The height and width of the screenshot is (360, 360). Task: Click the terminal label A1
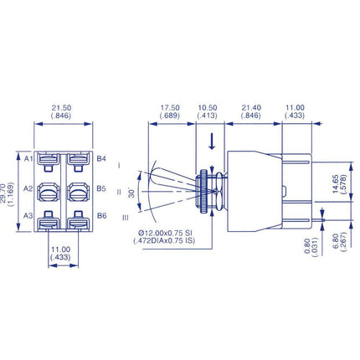click(x=28, y=158)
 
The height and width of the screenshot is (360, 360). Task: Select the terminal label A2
click(x=28, y=188)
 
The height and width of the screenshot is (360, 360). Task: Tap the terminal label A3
click(x=28, y=217)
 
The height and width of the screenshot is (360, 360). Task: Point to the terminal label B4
click(x=101, y=158)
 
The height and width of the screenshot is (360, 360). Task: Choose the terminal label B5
click(x=101, y=188)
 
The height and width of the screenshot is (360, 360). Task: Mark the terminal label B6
click(x=101, y=217)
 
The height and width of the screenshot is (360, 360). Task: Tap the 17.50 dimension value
click(x=171, y=108)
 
